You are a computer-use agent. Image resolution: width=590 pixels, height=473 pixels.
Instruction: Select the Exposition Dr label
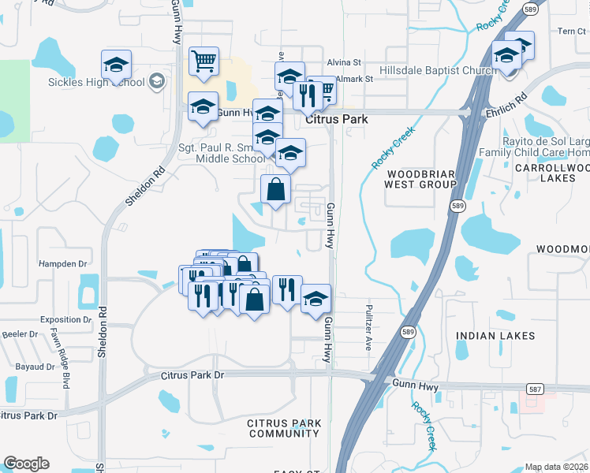65,320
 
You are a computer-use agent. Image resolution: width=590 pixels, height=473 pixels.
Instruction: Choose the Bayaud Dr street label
33,367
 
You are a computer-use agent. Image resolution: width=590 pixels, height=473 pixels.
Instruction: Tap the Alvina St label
344,61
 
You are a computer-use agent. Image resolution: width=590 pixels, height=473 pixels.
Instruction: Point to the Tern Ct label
571,32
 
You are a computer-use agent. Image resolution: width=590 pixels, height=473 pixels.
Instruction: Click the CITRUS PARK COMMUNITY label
283,428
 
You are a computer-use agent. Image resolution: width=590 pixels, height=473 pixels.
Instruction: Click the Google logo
26,464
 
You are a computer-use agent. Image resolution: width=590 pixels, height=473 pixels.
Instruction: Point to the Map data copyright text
556,467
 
